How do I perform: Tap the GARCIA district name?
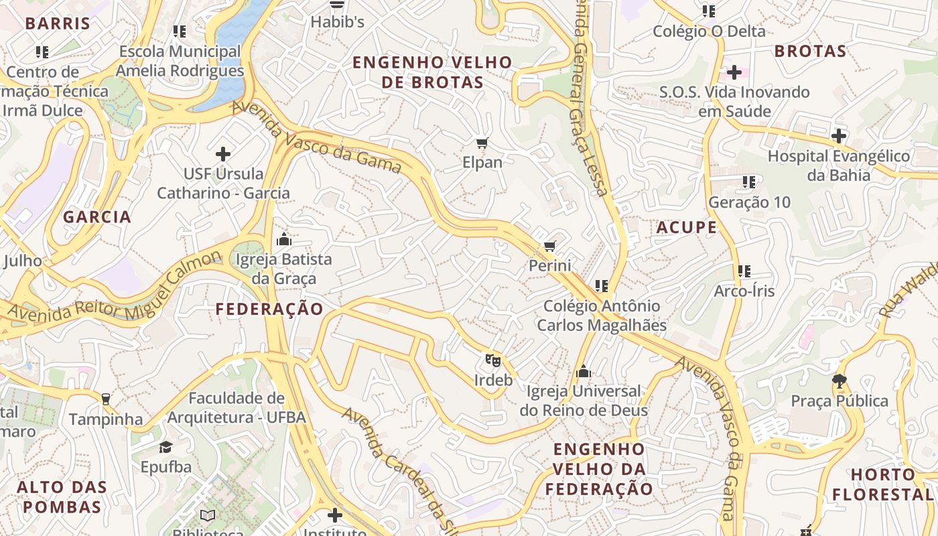[x=97, y=217]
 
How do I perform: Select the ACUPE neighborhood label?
[x=687, y=227]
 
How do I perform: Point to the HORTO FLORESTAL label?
[x=891, y=484]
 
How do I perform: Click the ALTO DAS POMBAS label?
[x=59, y=496]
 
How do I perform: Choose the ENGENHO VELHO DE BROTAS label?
[x=432, y=72]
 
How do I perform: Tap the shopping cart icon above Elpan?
[x=482, y=143]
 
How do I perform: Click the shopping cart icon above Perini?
[x=550, y=247]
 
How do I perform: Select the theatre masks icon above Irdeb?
[x=493, y=360]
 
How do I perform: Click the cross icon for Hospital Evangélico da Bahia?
[x=838, y=136]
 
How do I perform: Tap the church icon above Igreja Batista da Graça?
[x=284, y=239]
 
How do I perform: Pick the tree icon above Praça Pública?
[x=839, y=381]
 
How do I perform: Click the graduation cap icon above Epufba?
[x=165, y=447]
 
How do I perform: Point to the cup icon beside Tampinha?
[x=105, y=399]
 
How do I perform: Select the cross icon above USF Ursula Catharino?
[x=223, y=154]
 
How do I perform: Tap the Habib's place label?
[x=337, y=22]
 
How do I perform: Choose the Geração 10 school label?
[x=749, y=202]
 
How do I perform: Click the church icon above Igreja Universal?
[x=584, y=371]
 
